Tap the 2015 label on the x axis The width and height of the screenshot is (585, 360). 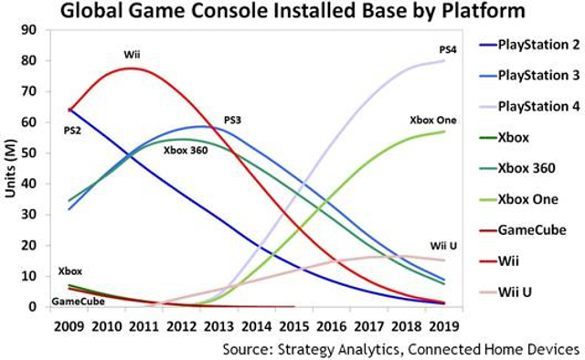(x=293, y=325)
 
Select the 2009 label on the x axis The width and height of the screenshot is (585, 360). (x=69, y=325)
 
